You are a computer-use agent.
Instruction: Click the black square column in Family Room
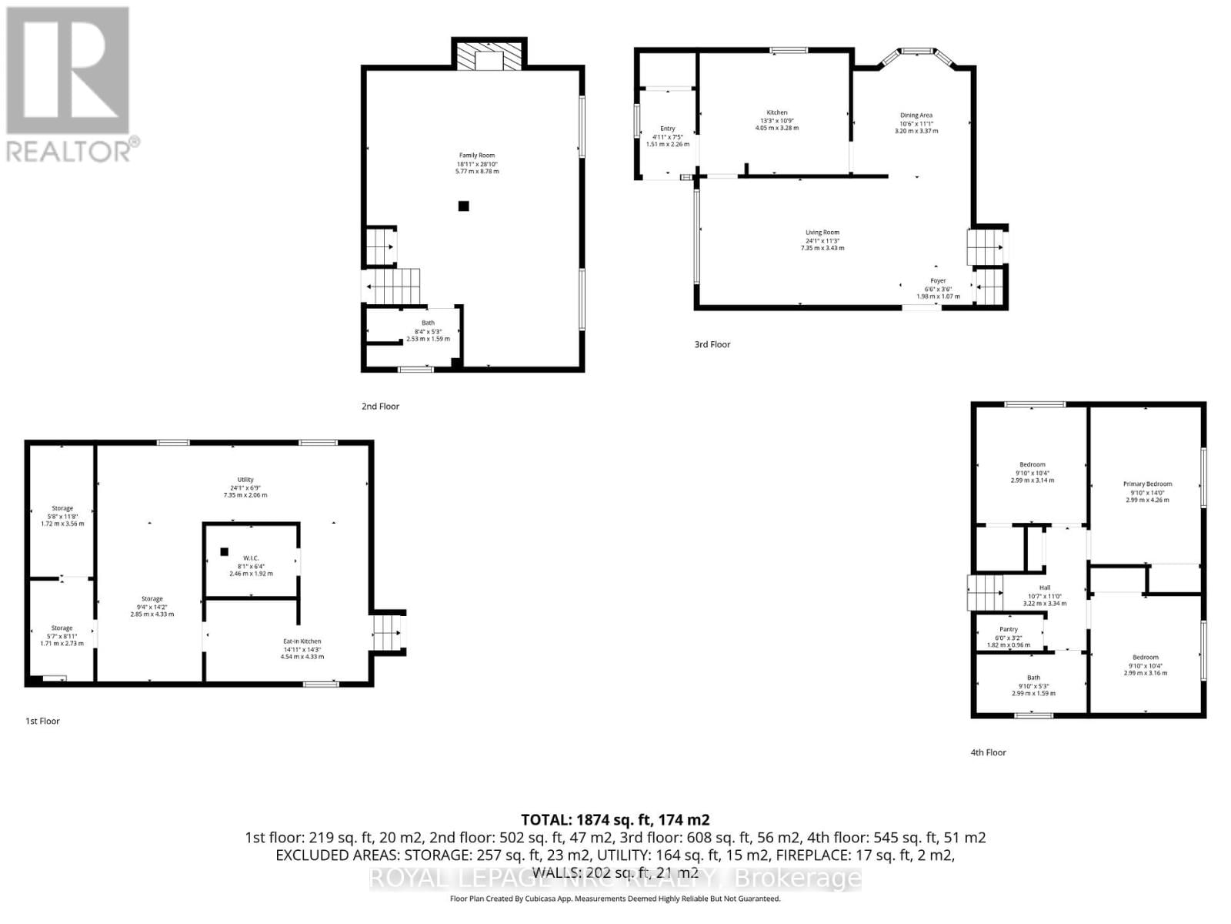coord(463,206)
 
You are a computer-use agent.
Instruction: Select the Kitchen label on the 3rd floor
coord(776,113)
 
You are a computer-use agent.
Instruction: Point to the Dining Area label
coord(916,115)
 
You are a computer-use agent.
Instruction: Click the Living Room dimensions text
coord(822,244)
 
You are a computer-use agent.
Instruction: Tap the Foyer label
coord(938,281)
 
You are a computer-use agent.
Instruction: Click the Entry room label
coord(667,129)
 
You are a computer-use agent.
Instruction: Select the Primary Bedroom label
coord(1147,484)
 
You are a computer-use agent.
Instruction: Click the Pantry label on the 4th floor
coord(1008,629)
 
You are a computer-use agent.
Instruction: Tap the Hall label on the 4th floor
coord(1044,588)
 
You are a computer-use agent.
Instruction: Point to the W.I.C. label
coord(251,557)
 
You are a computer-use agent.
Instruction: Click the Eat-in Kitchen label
coord(302,641)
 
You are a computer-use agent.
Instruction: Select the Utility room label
coord(245,480)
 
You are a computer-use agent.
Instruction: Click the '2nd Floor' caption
coord(380,406)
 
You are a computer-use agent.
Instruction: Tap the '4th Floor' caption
coord(988,752)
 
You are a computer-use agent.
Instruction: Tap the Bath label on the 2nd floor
coord(428,323)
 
